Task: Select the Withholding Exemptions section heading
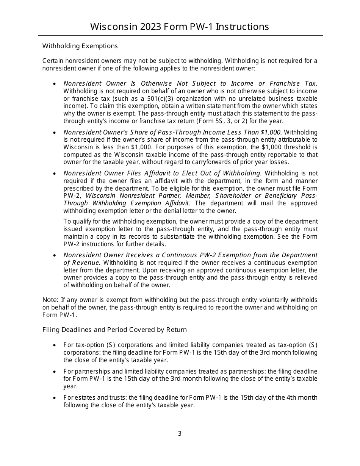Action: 80,46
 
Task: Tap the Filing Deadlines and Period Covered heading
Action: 114,330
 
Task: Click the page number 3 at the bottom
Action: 180,434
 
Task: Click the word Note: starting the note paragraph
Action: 50,300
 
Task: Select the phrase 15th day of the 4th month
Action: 279,397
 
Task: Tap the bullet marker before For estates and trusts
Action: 55,398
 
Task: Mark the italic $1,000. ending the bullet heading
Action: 271,132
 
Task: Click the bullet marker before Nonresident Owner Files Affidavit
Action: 55,174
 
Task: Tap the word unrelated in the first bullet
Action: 228,99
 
